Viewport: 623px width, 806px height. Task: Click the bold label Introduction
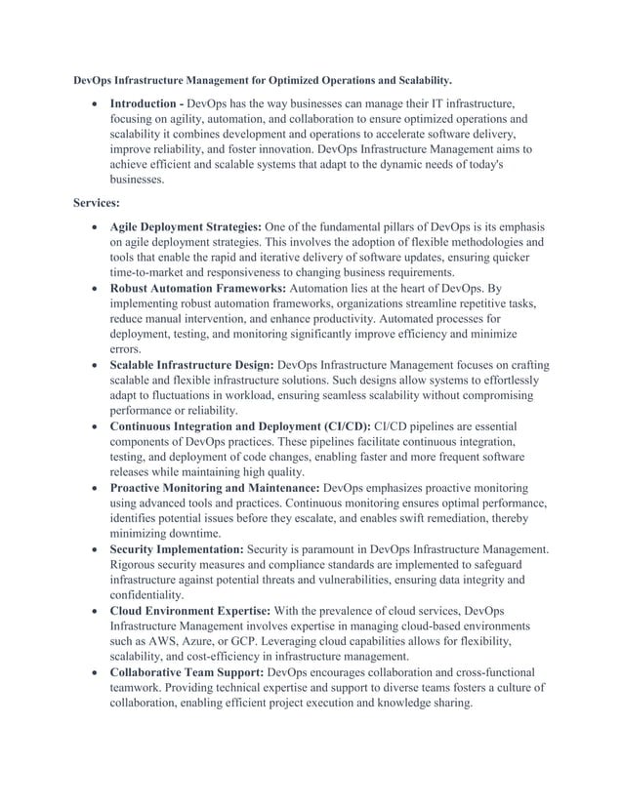click(145, 102)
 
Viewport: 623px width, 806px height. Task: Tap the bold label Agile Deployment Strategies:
click(185, 226)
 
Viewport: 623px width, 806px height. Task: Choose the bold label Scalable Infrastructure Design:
click(191, 365)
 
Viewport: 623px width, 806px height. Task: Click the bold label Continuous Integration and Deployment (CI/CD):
click(240, 426)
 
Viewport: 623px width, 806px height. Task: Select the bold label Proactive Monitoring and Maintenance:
click(214, 487)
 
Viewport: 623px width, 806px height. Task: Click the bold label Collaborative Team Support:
click(186, 672)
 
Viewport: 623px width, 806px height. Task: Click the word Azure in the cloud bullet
click(200, 642)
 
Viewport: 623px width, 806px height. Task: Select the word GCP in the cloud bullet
click(251, 642)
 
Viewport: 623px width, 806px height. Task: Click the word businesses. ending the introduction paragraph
click(138, 181)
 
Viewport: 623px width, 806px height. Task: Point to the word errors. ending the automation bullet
click(125, 349)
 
